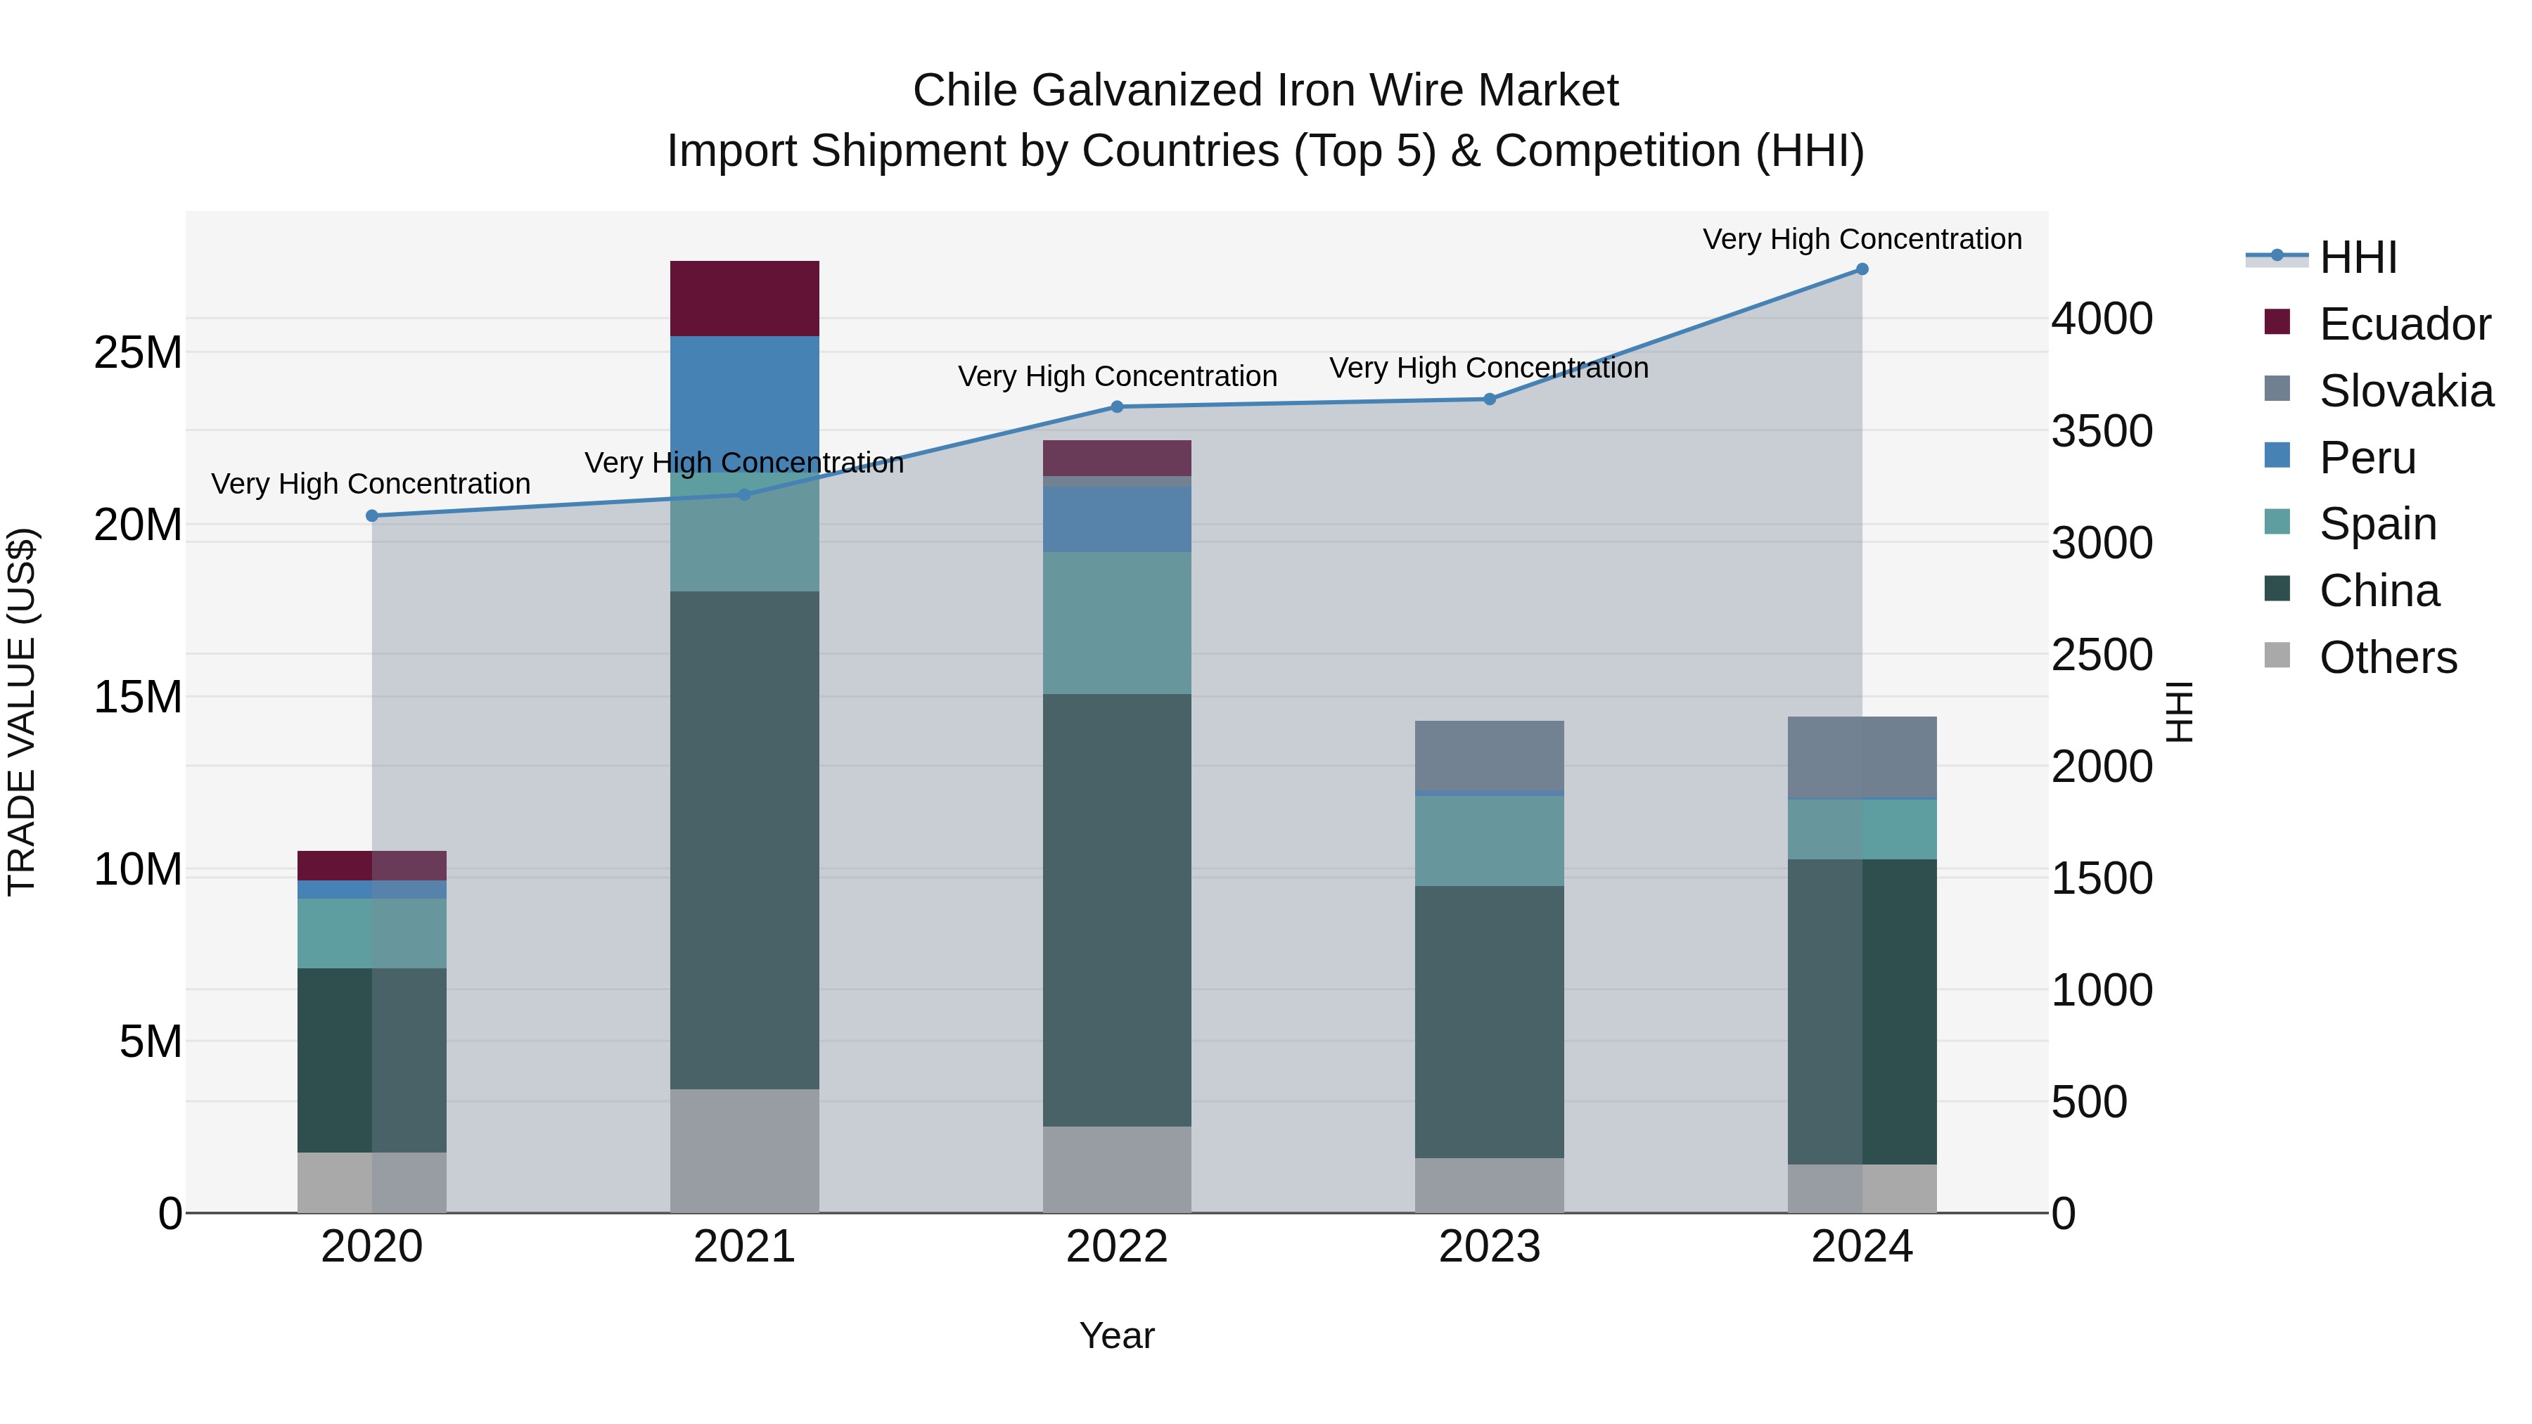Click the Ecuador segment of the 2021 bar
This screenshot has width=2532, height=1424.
point(744,299)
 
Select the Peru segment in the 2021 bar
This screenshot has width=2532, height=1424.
point(744,393)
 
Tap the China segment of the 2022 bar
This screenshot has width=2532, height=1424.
point(1117,909)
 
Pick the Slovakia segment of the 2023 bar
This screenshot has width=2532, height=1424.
point(1489,755)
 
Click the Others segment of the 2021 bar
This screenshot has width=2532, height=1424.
point(744,1150)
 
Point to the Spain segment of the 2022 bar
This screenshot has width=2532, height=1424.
point(1117,622)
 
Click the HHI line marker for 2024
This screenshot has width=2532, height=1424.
point(1862,269)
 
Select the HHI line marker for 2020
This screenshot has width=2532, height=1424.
point(371,516)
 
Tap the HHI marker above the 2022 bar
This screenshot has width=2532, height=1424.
point(1117,407)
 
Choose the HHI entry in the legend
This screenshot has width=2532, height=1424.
point(2357,257)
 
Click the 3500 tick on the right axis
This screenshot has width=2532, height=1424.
point(2102,432)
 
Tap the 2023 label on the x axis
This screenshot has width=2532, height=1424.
point(1489,1247)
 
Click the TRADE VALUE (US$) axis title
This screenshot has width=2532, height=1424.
point(22,712)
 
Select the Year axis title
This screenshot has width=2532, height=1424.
point(1117,1335)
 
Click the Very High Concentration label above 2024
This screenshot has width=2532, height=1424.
point(1862,239)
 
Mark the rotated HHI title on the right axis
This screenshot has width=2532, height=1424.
point(2180,712)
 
